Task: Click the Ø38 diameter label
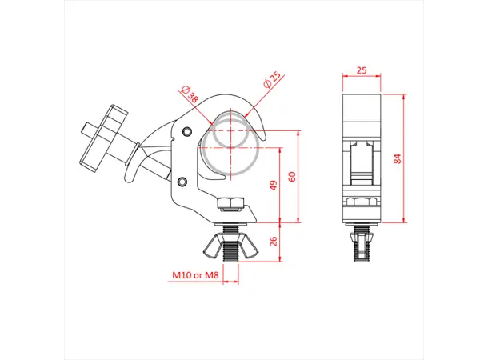191,98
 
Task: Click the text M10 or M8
195,276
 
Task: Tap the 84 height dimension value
397,158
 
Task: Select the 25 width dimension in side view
361,71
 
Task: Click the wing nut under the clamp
230,243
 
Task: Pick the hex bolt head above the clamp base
229,204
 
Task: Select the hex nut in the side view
361,202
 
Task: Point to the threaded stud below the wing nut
230,254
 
